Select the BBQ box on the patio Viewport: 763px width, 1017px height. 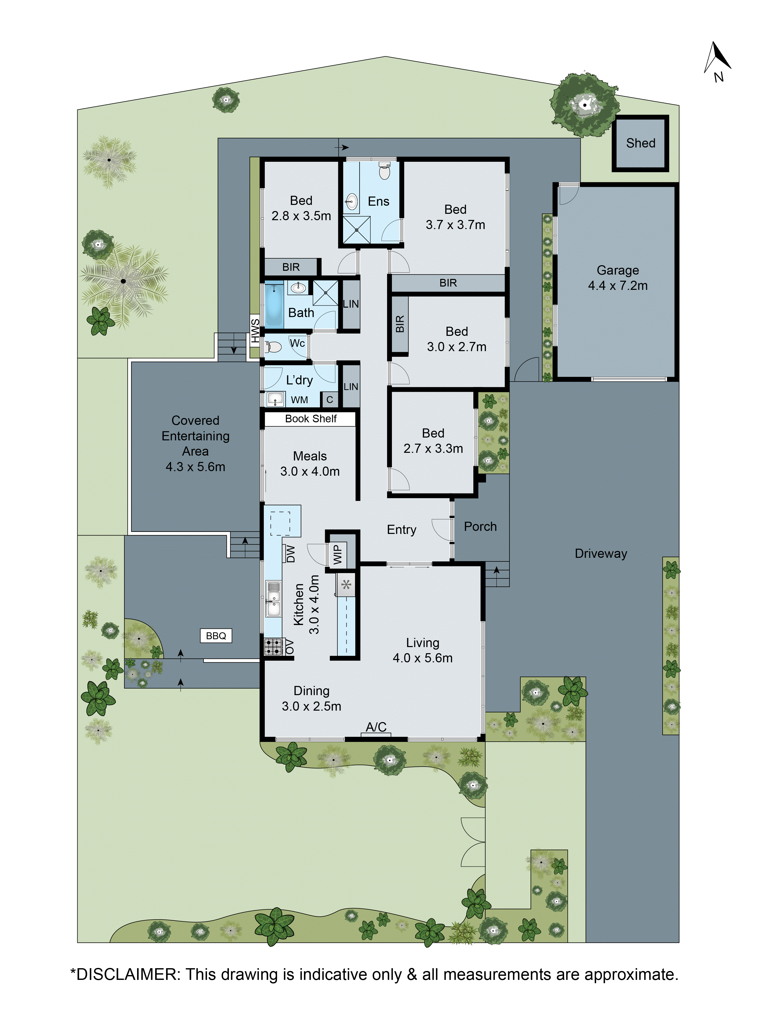click(216, 636)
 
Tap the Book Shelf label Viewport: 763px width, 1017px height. click(311, 418)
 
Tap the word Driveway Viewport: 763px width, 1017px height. click(601, 554)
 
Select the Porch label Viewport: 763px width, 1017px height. click(480, 527)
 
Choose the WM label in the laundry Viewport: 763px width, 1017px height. click(299, 400)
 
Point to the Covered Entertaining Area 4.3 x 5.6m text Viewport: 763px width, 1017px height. click(196, 443)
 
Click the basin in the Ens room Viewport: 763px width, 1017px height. click(351, 201)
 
